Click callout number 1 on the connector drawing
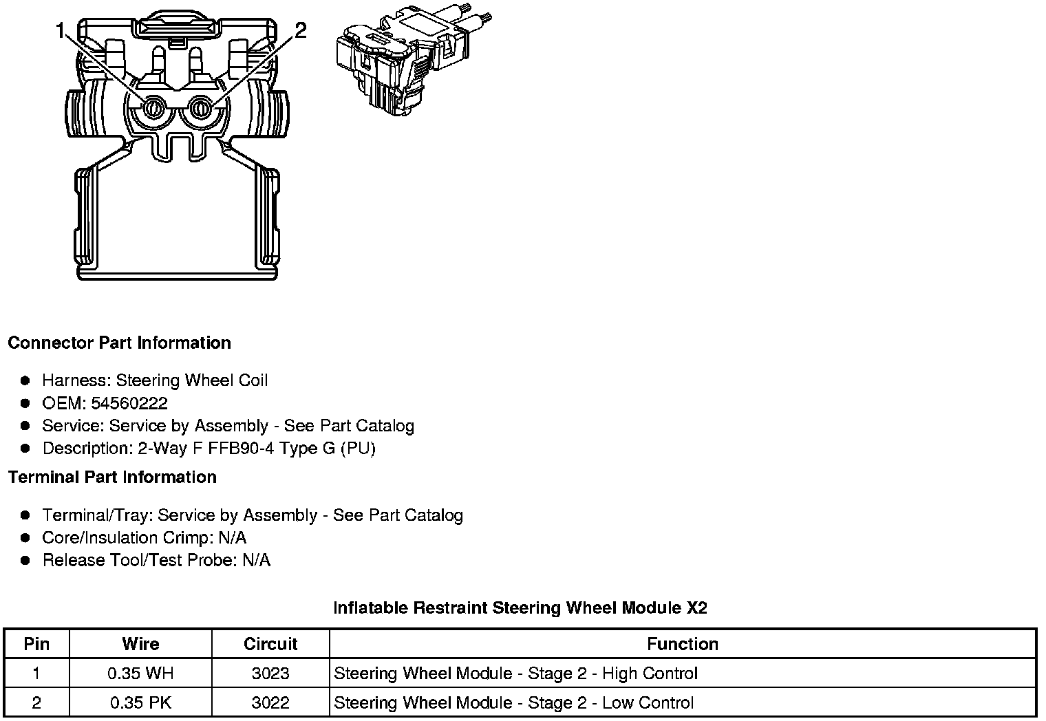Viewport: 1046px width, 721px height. point(61,32)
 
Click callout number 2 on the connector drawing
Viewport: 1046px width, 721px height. point(300,31)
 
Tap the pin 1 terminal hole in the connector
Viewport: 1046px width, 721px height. point(153,108)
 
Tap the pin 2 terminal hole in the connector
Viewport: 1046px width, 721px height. point(201,108)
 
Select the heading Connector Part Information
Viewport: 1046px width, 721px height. point(119,343)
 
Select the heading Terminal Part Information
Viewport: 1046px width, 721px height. point(112,477)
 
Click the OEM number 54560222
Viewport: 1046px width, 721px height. point(129,403)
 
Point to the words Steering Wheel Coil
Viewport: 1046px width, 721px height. point(192,380)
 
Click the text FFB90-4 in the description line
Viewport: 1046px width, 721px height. point(237,449)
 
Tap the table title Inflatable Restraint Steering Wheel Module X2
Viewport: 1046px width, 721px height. point(520,607)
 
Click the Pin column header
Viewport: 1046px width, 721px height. point(36,644)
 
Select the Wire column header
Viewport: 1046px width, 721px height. point(140,644)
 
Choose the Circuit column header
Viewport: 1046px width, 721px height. point(270,644)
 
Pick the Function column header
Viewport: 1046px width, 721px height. point(682,644)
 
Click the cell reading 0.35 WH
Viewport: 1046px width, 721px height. point(140,674)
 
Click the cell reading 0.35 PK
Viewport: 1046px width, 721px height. point(140,703)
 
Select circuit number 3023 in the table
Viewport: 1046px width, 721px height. point(270,674)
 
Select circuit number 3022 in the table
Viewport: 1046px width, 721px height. point(270,703)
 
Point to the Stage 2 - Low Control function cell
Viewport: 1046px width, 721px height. point(513,703)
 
